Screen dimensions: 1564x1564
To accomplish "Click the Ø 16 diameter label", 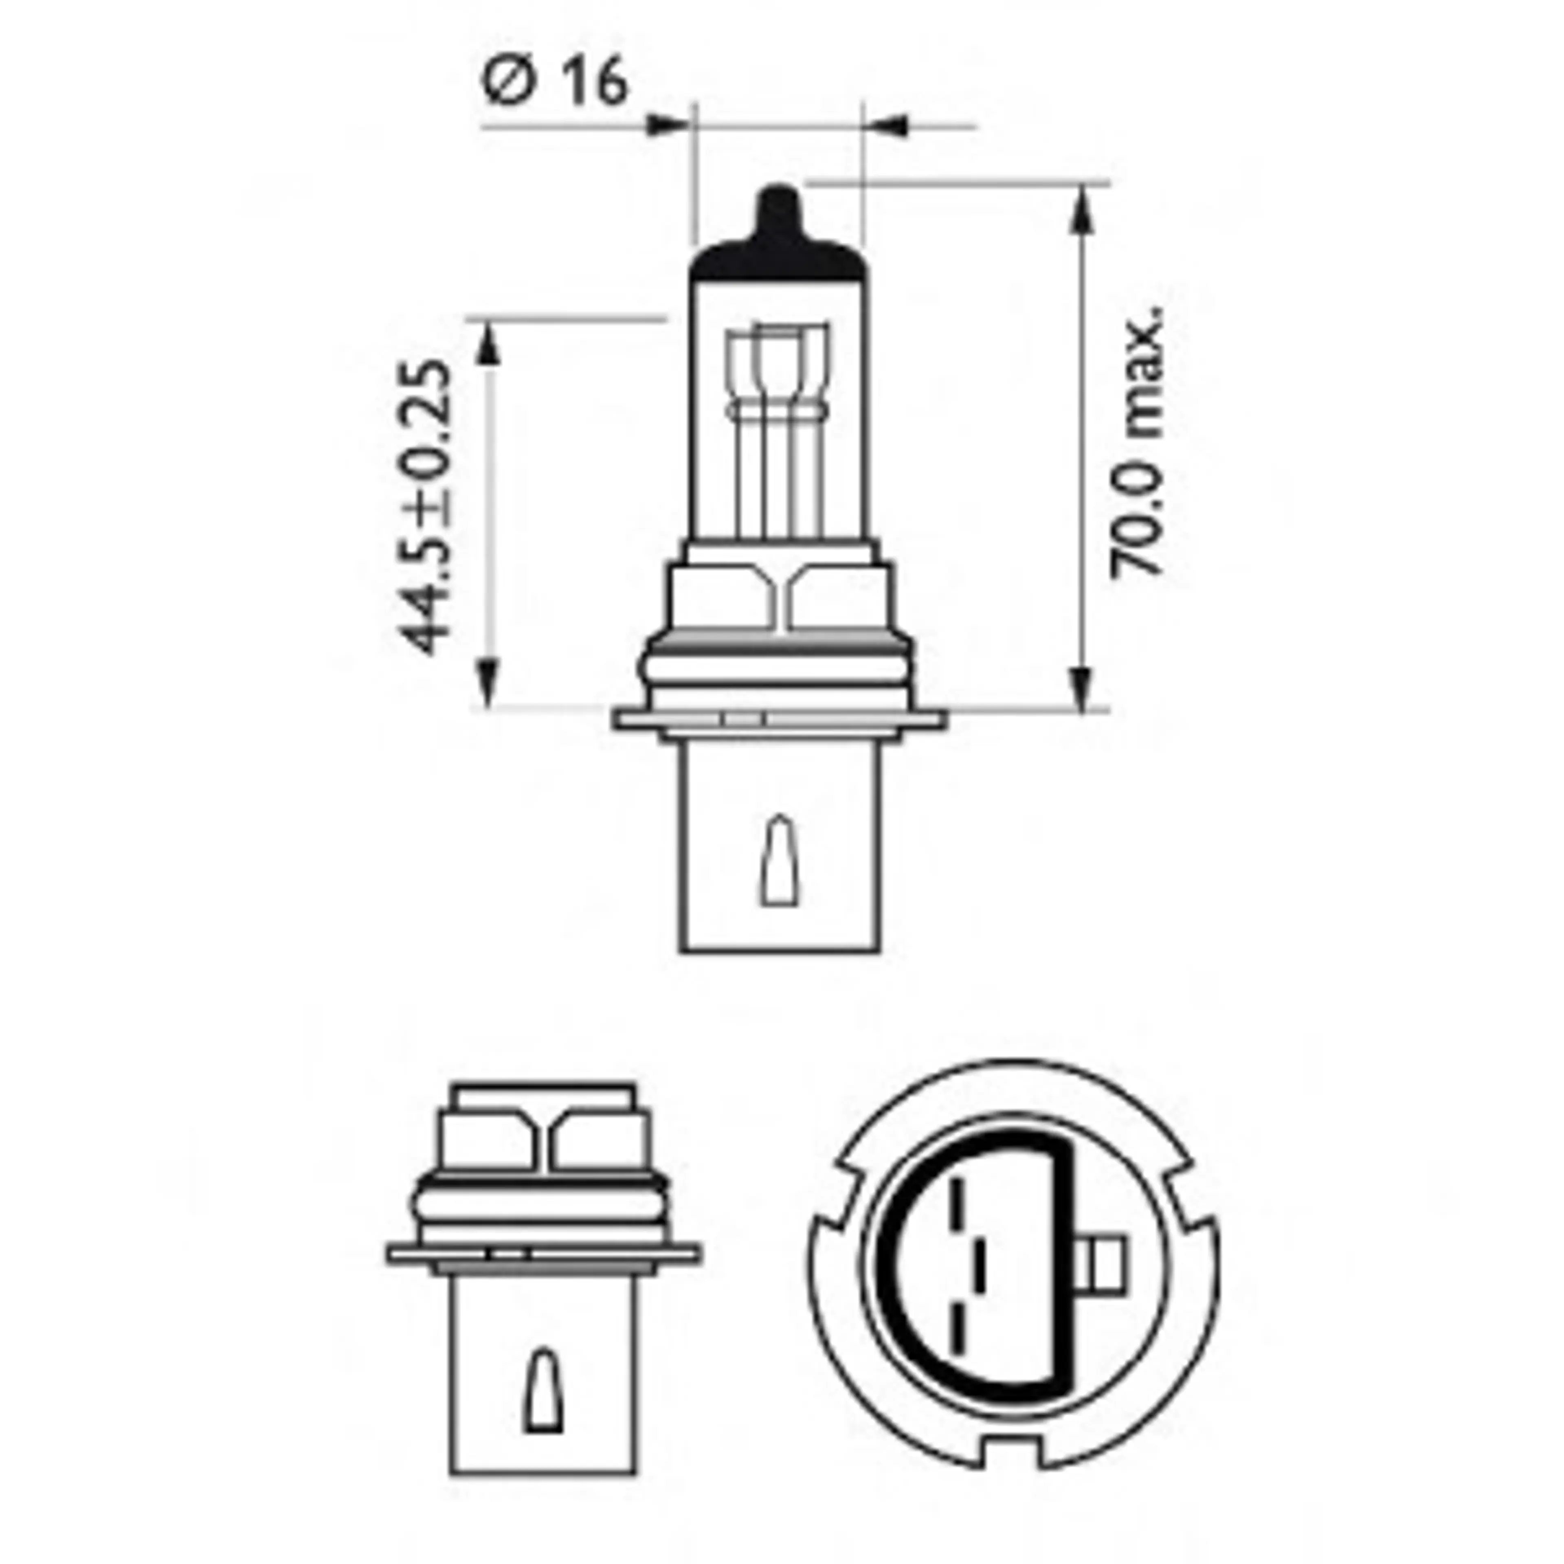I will tap(554, 81).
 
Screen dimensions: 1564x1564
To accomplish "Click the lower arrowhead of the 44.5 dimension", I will tap(486, 684).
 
